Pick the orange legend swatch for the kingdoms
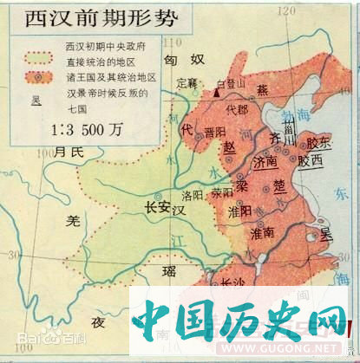coord(43,77)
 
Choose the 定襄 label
coord(187,84)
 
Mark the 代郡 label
coord(236,110)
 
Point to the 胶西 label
coord(310,160)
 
